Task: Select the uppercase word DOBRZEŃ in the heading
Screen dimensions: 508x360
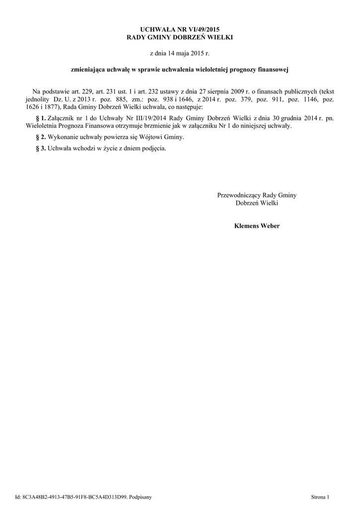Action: [x=190, y=37]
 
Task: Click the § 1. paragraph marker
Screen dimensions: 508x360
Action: [x=41, y=119]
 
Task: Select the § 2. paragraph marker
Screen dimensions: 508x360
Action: [x=41, y=136]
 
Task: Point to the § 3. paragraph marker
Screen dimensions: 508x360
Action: [x=41, y=148]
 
